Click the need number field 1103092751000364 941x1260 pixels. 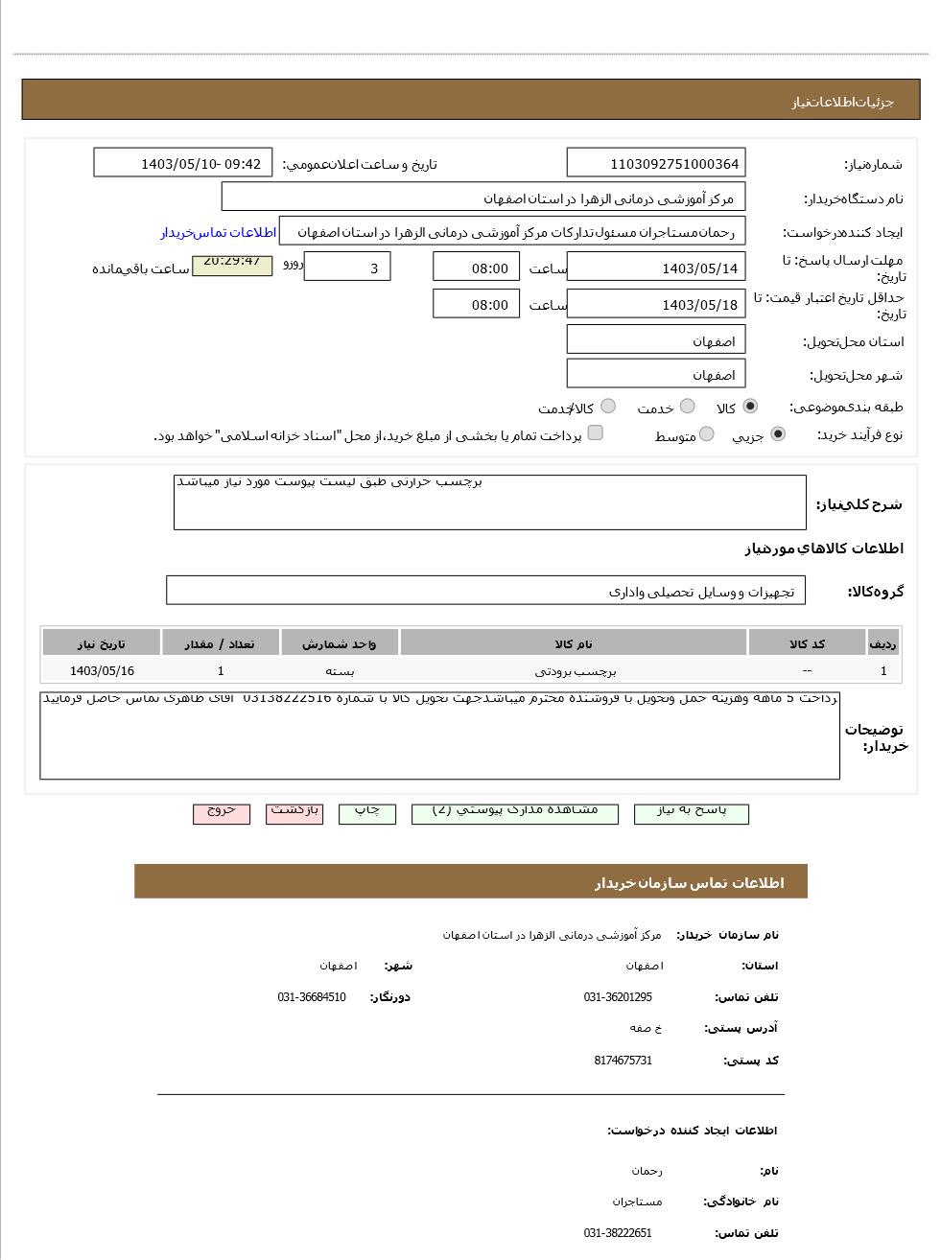(656, 163)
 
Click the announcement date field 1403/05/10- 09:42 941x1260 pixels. (183, 163)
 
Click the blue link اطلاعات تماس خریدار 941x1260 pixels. (218, 232)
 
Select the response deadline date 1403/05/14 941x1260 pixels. (656, 268)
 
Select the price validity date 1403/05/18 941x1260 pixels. (656, 305)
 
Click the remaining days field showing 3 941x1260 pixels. (347, 268)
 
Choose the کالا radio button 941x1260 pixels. (749, 407)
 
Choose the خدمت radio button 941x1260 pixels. (687, 407)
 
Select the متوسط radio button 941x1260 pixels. (706, 434)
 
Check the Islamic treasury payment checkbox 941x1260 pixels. (595, 433)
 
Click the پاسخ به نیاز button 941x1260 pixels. (691, 812)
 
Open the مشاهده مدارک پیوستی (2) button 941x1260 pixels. (514, 812)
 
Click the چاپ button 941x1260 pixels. (366, 812)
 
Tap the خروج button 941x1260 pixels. (221, 812)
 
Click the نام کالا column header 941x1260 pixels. (573, 643)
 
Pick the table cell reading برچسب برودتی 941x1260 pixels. (573, 671)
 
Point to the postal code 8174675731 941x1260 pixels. (623, 1061)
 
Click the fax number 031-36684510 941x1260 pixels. (312, 997)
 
